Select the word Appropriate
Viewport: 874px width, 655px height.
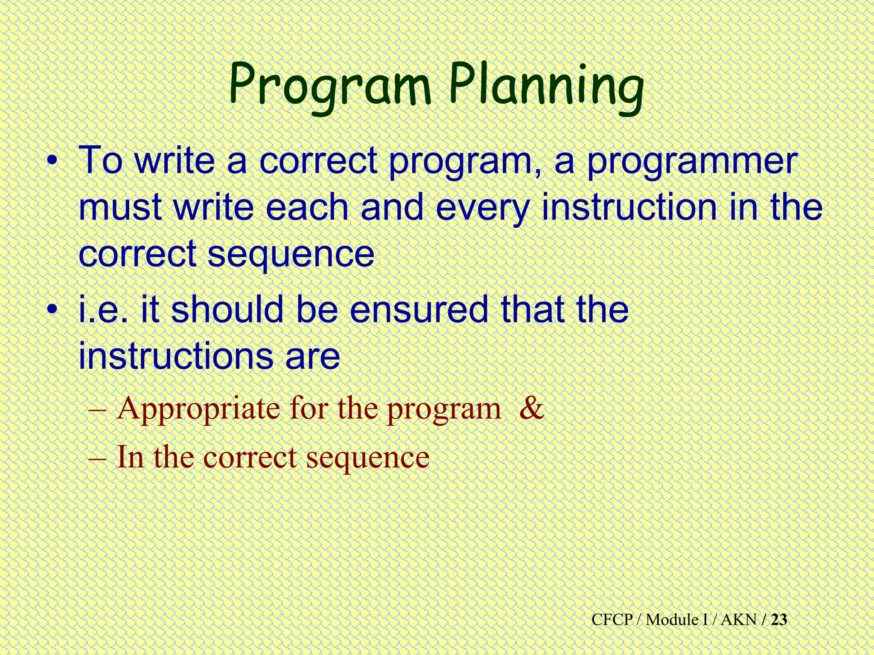tap(198, 410)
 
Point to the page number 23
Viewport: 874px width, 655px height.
tap(779, 620)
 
